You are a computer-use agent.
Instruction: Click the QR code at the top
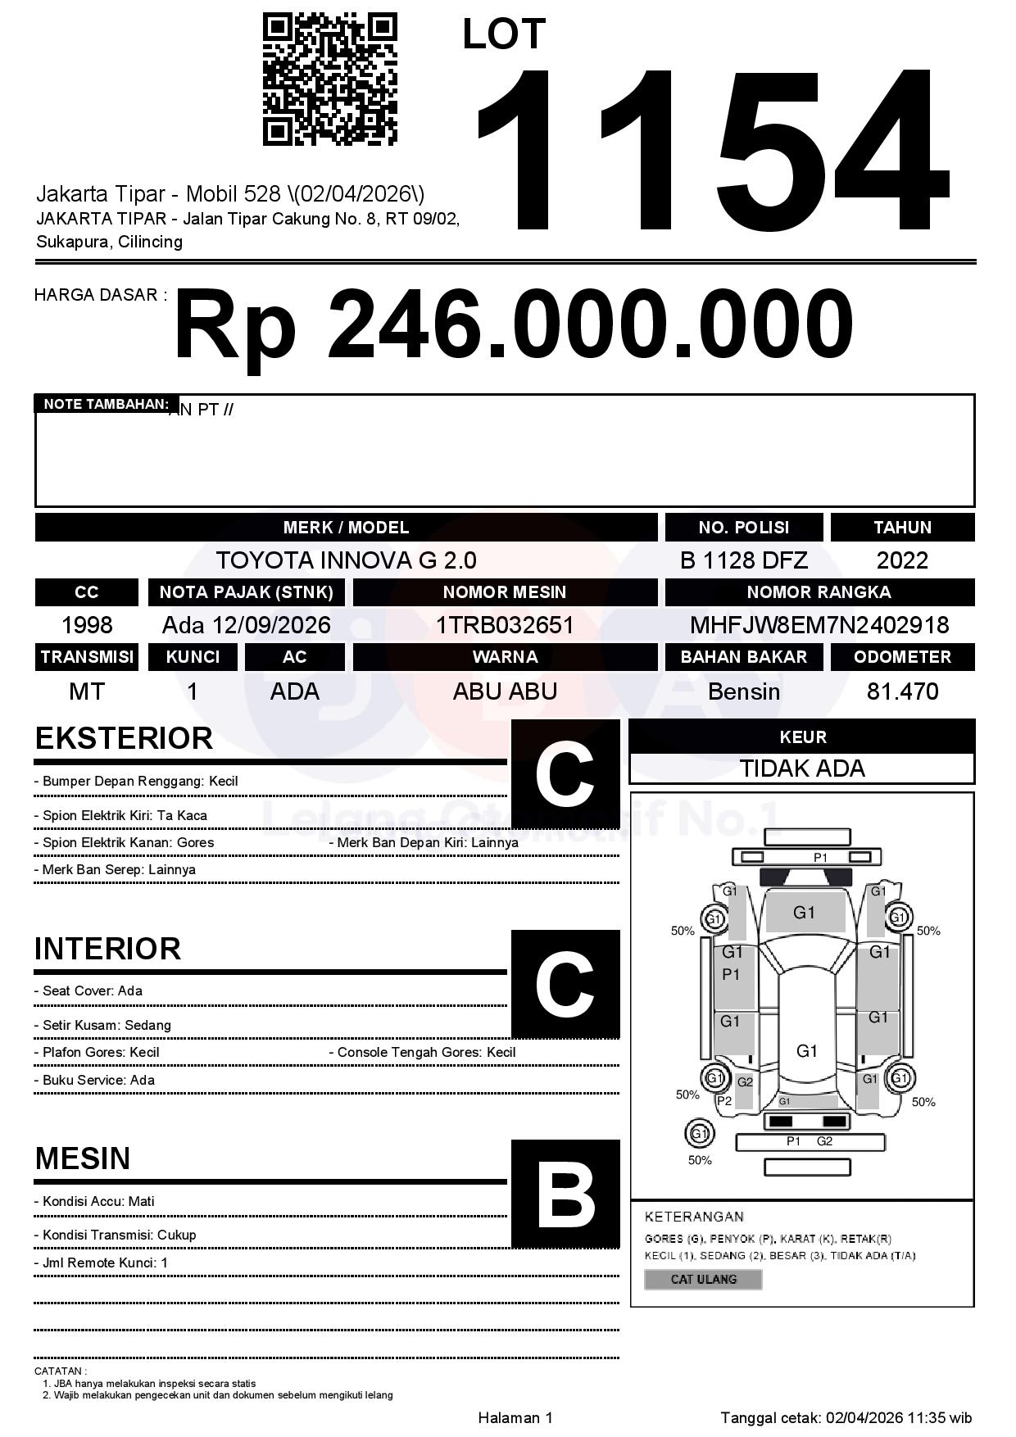click(329, 79)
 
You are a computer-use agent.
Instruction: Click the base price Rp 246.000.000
click(514, 325)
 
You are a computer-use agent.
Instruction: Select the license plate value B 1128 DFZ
click(743, 560)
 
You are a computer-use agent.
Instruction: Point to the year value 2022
click(902, 560)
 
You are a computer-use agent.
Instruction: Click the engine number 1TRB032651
click(505, 625)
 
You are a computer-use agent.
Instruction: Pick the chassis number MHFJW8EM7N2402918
click(819, 625)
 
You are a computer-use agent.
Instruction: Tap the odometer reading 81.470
click(902, 691)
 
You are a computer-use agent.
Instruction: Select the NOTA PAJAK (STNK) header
click(246, 592)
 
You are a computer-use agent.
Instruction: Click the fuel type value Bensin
click(743, 691)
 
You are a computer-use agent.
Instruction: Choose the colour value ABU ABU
click(505, 691)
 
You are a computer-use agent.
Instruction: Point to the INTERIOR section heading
click(107, 949)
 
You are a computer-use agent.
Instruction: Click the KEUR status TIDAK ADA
click(801, 768)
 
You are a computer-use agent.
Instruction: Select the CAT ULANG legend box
click(703, 1279)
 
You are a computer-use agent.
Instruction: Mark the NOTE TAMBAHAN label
click(106, 404)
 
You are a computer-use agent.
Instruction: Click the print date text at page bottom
click(846, 1417)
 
